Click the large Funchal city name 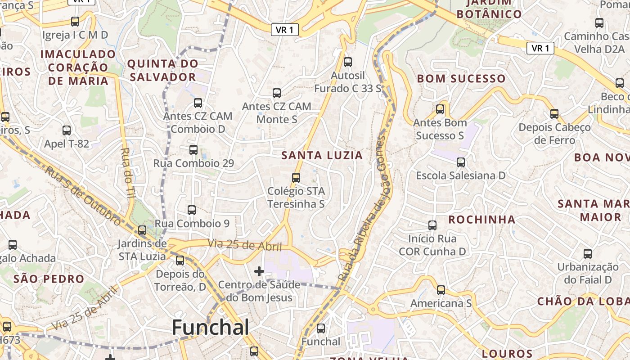(x=210, y=327)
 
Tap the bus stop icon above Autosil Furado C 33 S (x=347, y=62)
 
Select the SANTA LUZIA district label (x=322, y=156)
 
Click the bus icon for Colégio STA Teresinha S (x=296, y=177)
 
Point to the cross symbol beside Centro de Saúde (x=259, y=271)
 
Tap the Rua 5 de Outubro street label (x=83, y=195)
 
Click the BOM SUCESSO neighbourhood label (x=461, y=79)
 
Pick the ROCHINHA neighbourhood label (x=482, y=220)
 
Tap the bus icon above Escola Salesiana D (x=460, y=162)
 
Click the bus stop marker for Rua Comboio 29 (x=193, y=149)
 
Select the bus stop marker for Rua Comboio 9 (x=192, y=210)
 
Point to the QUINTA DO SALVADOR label (x=162, y=70)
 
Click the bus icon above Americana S (x=441, y=290)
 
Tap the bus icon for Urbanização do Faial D (x=588, y=253)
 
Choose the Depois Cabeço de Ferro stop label (x=554, y=134)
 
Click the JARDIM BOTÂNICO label (x=489, y=8)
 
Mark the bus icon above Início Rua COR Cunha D (x=432, y=225)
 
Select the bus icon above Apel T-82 (x=67, y=130)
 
